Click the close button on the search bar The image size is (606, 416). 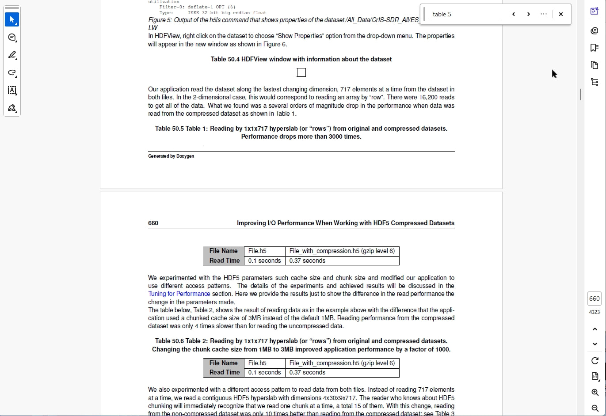(560, 14)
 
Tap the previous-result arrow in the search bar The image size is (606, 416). (514, 14)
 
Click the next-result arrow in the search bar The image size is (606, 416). (529, 14)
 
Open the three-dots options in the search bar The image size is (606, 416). (544, 14)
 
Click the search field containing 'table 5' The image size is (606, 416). (464, 14)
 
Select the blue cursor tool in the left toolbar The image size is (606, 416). (12, 19)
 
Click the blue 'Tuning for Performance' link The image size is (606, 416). (179, 294)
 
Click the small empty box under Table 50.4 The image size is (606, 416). (301, 72)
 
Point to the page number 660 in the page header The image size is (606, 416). (153, 223)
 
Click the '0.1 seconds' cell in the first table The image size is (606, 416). (264, 261)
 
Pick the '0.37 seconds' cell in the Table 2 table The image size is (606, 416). (307, 372)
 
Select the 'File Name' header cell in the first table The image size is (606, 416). (223, 251)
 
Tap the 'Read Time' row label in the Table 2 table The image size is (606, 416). (224, 372)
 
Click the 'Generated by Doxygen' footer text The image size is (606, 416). (171, 156)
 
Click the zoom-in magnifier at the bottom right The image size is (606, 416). (595, 393)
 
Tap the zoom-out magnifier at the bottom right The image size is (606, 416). (595, 408)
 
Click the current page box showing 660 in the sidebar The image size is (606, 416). (595, 299)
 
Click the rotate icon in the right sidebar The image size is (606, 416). (595, 361)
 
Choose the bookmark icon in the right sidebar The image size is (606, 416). (595, 48)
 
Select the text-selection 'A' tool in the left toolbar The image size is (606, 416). (12, 91)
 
